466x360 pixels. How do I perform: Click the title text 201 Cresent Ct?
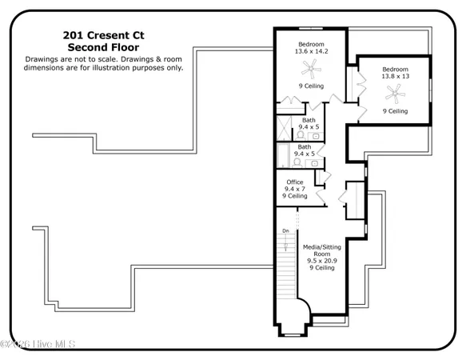(103, 35)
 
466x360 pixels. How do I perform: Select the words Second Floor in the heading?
(103, 47)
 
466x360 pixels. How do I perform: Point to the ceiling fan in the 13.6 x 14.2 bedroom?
(310, 71)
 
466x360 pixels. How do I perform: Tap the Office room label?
(295, 182)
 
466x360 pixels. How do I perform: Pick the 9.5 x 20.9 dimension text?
(322, 261)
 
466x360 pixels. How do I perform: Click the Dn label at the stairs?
(285, 231)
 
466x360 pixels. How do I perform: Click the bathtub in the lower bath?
(285, 154)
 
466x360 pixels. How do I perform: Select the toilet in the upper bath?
(297, 134)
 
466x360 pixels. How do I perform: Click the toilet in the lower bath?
(297, 161)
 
